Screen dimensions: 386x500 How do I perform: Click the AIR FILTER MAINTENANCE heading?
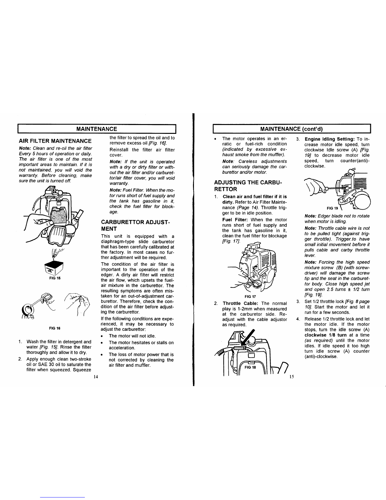pos(55,141)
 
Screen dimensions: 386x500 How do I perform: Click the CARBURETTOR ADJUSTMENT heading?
pos(135,225)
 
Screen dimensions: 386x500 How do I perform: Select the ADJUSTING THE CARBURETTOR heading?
pos(248,186)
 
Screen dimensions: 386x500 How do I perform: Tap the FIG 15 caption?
pos(55,278)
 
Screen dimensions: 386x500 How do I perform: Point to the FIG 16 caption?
pos(55,328)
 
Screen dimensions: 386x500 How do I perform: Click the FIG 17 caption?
pos(250,297)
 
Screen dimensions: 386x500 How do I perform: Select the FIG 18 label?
pos(250,367)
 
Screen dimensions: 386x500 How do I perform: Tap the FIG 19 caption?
pos(332,208)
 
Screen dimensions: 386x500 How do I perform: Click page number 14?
pos(96,377)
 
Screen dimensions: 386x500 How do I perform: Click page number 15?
pos(291,377)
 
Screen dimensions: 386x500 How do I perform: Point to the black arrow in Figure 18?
pos(247,337)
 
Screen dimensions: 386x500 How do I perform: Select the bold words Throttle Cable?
pos(241,303)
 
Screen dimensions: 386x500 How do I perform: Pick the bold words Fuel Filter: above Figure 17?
pos(235,219)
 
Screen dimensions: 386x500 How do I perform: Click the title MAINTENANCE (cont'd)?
pos(291,129)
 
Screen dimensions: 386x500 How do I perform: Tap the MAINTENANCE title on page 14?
pos(96,129)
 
